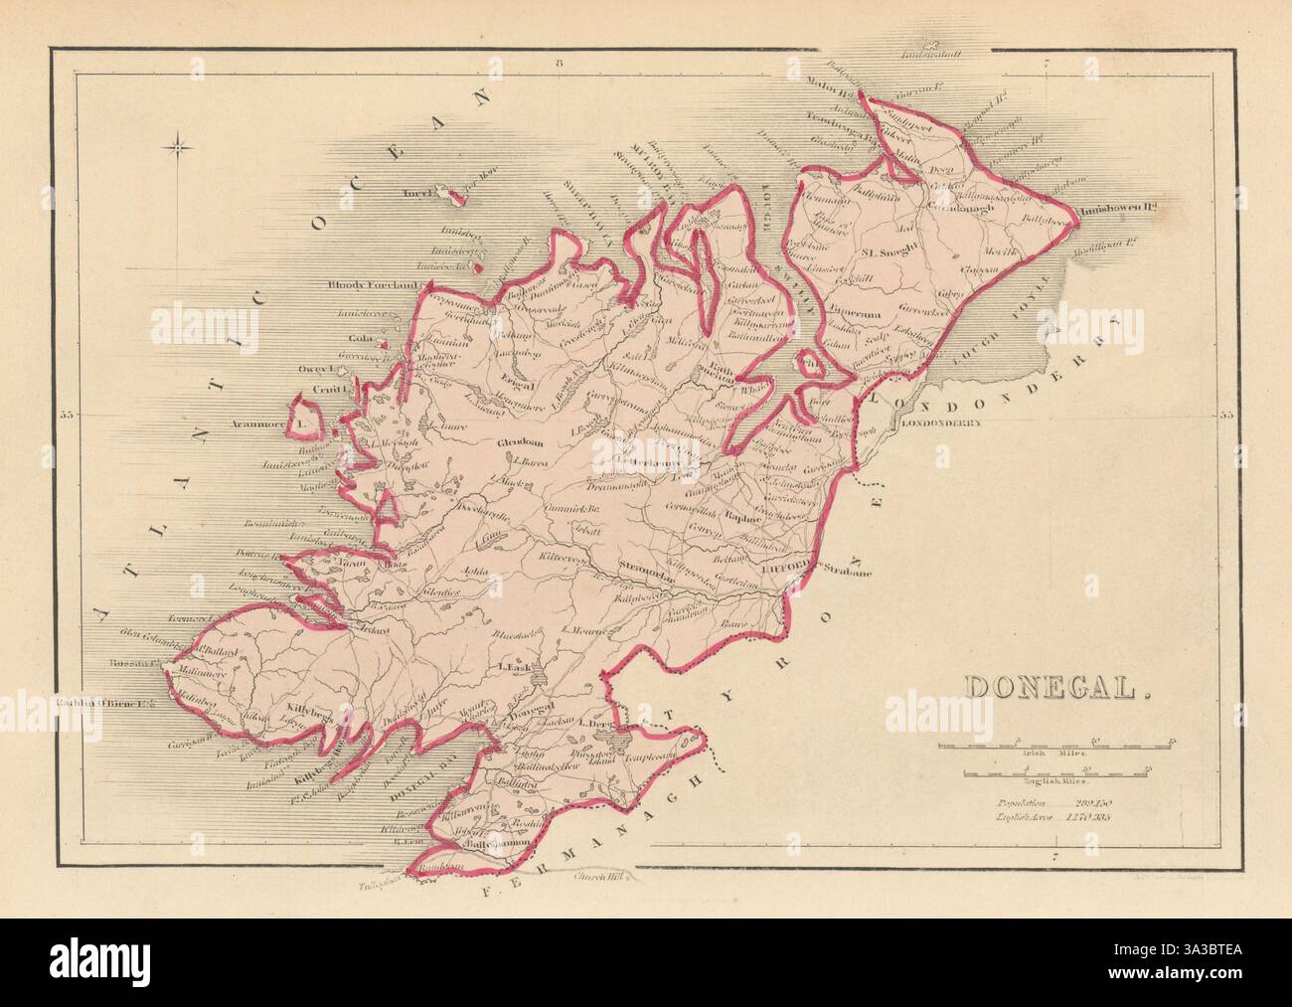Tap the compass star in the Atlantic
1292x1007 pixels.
click(181, 149)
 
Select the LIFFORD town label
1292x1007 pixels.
click(789, 570)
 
